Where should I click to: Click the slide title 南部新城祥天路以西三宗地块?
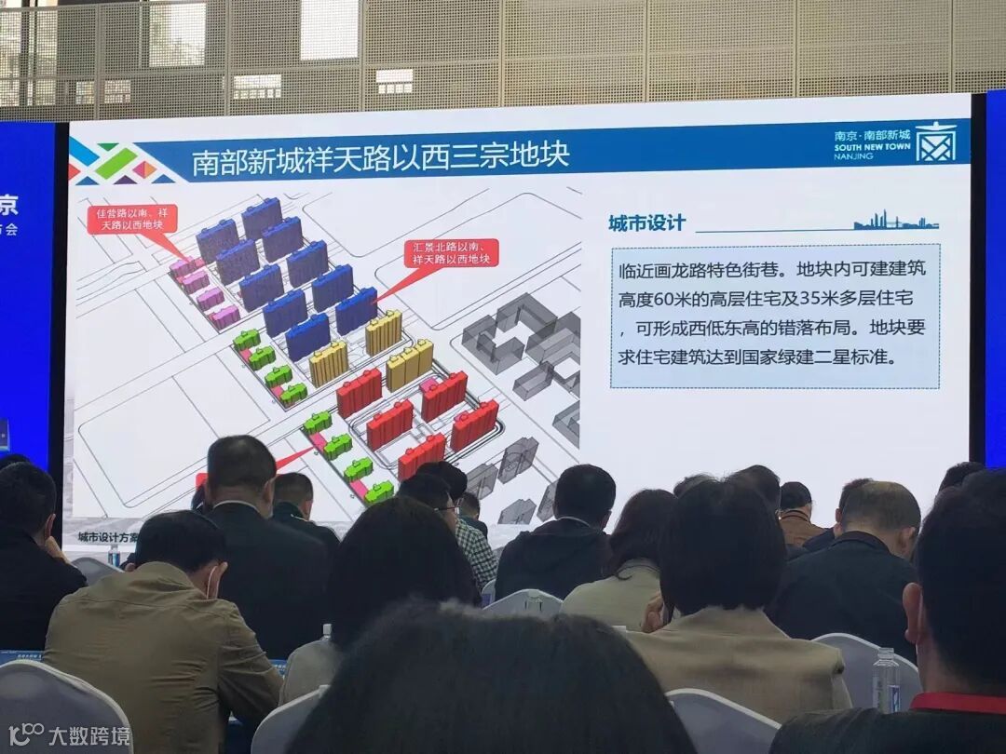[x=380, y=157]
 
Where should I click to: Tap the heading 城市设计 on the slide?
[x=646, y=223]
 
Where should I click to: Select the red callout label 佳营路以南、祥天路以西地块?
[x=132, y=220]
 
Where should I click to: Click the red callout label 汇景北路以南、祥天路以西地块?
[x=451, y=253]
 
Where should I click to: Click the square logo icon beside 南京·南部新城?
[x=935, y=141]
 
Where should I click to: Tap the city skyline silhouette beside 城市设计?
[x=894, y=222]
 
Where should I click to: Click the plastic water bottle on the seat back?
[x=885, y=679]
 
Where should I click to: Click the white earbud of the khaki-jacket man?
[x=213, y=585]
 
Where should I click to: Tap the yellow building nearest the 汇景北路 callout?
[x=383, y=332]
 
